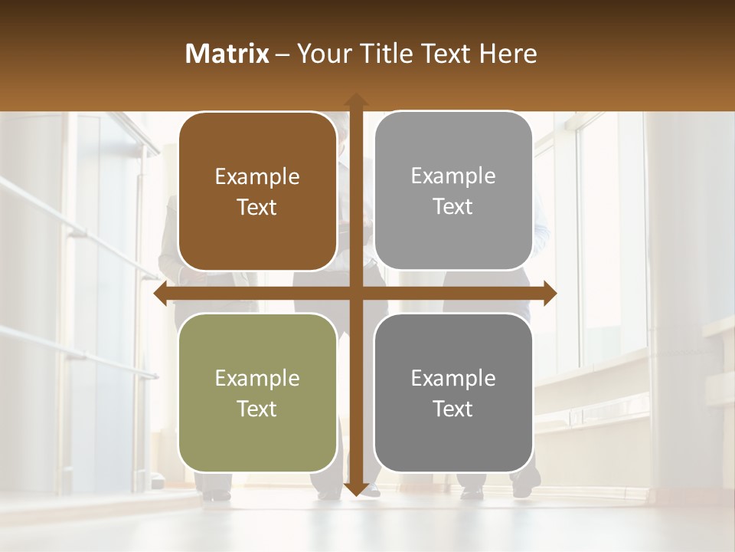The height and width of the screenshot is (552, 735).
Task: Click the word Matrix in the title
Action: pyautogui.click(x=227, y=54)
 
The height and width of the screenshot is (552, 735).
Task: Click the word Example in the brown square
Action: pyautogui.click(x=257, y=177)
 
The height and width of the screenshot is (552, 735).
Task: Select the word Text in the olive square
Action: pyautogui.click(x=257, y=409)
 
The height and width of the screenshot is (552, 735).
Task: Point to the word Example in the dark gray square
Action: pyautogui.click(x=453, y=378)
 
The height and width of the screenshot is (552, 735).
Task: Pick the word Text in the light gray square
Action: pyautogui.click(x=453, y=206)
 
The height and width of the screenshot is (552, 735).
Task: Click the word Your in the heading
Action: pyautogui.click(x=318, y=54)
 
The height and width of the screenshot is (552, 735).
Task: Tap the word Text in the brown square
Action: pyautogui.click(x=257, y=207)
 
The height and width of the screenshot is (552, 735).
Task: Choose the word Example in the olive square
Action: pyautogui.click(x=257, y=378)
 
